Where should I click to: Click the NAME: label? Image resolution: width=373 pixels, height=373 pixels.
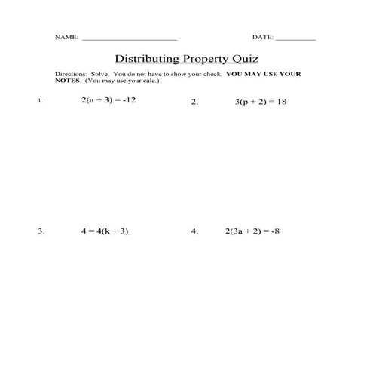66,37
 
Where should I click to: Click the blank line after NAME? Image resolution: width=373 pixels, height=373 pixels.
129,38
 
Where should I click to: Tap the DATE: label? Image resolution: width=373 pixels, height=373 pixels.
263,37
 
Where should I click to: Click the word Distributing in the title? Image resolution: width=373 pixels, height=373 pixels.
146,58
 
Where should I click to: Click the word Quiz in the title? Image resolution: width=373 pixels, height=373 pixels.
245,59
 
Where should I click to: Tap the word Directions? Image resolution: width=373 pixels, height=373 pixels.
71,74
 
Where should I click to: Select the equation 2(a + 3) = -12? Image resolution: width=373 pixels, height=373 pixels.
109,100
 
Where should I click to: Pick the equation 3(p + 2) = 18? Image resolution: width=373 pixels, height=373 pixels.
261,102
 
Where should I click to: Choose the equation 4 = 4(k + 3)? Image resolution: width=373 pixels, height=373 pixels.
105,231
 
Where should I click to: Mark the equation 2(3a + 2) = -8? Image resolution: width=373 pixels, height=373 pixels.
252,231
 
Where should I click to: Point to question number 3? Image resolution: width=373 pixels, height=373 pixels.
41,232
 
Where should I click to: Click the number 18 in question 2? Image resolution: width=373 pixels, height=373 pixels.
282,102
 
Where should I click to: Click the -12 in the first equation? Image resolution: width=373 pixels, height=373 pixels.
129,100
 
